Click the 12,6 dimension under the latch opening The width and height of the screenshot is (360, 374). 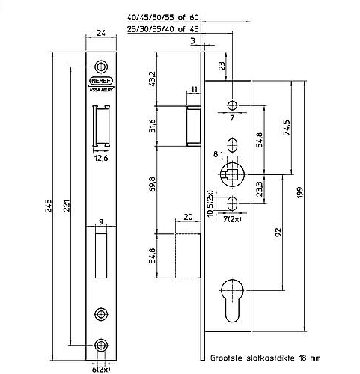coord(101,157)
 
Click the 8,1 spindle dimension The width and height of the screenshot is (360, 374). coord(219,154)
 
